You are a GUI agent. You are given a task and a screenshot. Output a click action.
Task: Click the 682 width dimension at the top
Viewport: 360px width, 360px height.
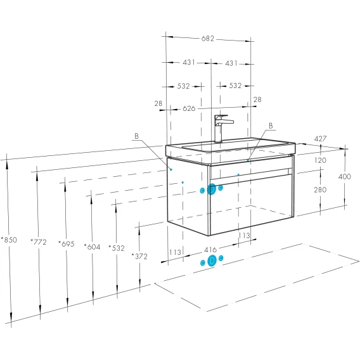[x=208, y=38]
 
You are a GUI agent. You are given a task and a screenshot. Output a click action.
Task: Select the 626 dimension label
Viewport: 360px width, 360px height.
[x=189, y=108]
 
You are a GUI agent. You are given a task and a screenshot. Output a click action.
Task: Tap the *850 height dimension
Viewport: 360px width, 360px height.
[x=9, y=240]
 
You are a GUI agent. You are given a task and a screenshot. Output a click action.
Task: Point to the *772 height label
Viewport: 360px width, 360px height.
[x=38, y=241]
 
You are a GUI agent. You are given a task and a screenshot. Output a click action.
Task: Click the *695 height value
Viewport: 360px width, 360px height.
[x=67, y=243]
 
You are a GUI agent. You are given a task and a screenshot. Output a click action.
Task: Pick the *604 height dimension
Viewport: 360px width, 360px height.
[x=92, y=247]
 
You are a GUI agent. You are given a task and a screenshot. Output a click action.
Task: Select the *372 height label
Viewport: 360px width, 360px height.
[x=139, y=256]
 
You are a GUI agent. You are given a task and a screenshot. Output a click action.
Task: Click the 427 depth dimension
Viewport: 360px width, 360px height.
[x=320, y=139]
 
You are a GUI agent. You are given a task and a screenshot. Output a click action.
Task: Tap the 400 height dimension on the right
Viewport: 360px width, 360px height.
[x=345, y=177]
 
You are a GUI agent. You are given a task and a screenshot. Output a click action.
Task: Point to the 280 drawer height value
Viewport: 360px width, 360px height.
[x=320, y=190]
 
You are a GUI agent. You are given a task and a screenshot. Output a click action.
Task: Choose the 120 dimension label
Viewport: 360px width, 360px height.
[x=320, y=160]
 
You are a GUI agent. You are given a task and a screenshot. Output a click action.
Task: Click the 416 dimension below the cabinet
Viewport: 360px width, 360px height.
[x=210, y=250]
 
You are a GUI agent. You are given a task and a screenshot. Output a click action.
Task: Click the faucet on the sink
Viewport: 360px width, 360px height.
[x=222, y=128]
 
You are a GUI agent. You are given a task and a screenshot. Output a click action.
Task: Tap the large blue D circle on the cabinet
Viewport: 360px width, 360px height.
[x=212, y=190]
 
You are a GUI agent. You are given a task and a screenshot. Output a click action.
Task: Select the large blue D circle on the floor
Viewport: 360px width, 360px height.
[x=212, y=261]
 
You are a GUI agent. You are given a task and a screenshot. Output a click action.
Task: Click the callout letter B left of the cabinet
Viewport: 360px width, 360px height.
[x=137, y=136]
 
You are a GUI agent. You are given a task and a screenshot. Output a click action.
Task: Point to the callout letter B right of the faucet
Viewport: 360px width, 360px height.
[x=271, y=126]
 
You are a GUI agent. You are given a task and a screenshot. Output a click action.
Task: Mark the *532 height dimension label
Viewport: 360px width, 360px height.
[x=117, y=248]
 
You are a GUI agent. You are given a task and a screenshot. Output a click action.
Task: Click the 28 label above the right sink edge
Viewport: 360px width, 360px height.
[x=257, y=100]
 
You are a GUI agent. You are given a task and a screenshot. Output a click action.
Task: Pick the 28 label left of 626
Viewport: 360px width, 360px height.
[x=158, y=103]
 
